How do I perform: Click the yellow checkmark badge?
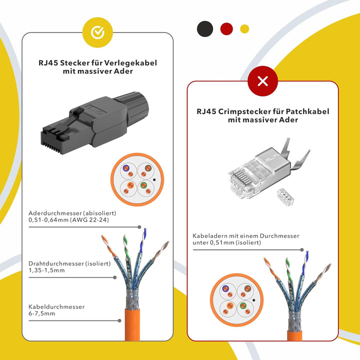click(x=97, y=32)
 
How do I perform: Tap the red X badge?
click(x=262, y=81)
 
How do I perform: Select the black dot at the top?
click(x=205, y=29)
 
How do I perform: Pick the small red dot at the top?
click(x=226, y=29)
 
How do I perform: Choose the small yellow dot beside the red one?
click(x=244, y=29)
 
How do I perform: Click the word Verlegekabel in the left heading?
click(x=130, y=63)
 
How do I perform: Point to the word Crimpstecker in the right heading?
click(x=244, y=111)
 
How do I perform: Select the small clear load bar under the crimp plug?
click(x=285, y=197)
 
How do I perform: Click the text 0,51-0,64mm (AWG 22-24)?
click(x=68, y=220)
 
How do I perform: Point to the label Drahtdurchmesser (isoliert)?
click(x=69, y=263)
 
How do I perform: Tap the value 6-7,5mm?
click(x=42, y=313)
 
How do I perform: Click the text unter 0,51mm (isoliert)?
click(x=227, y=242)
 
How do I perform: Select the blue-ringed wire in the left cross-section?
click(x=126, y=168)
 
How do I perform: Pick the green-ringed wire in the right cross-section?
click(x=243, y=305)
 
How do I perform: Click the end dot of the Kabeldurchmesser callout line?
click(x=119, y=320)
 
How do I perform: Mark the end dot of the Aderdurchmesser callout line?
click(x=139, y=227)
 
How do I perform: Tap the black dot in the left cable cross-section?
click(x=154, y=180)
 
